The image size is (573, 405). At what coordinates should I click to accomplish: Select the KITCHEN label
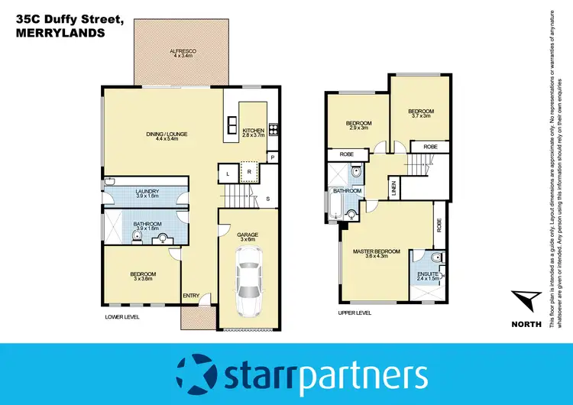click(x=253, y=131)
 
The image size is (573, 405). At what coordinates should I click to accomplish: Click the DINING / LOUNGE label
click(x=167, y=135)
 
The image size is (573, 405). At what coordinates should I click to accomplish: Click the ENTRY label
click(x=189, y=296)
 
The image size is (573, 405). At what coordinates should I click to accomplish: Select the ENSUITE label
click(x=427, y=274)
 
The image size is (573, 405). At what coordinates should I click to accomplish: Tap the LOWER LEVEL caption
click(x=122, y=316)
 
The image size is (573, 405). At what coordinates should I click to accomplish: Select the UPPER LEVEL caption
click(x=354, y=313)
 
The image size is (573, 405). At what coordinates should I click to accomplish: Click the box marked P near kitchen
click(x=271, y=157)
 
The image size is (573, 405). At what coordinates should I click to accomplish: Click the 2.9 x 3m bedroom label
click(x=358, y=125)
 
